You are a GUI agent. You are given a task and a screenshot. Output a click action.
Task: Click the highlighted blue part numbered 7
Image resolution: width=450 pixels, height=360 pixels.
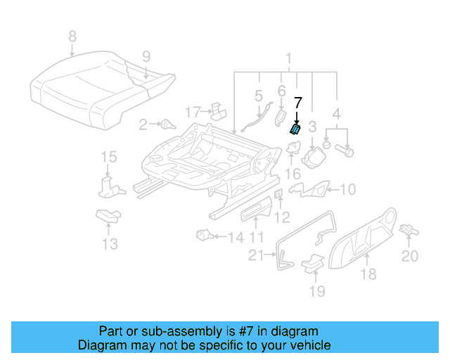(x=297, y=129)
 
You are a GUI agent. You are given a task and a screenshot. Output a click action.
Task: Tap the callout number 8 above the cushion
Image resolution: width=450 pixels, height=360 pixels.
(x=72, y=36)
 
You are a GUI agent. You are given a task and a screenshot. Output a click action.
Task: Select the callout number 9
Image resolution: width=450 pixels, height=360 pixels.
(x=146, y=56)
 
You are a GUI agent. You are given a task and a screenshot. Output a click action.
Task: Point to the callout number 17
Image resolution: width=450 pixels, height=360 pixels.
(x=193, y=111)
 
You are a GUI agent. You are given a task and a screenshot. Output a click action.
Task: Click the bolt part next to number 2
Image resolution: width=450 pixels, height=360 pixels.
(x=167, y=126)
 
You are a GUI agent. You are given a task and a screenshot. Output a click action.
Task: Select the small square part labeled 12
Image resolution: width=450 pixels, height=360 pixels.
(x=278, y=195)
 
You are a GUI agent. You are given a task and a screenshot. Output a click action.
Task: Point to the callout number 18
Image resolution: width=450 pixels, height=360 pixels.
(x=368, y=274)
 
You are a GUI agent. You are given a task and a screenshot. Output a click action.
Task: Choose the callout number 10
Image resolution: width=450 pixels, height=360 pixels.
(x=348, y=188)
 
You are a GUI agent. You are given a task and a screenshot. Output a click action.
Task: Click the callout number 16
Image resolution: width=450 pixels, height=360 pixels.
(x=292, y=173)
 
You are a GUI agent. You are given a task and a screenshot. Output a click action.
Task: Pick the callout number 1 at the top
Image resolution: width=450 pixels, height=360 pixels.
(x=287, y=58)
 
